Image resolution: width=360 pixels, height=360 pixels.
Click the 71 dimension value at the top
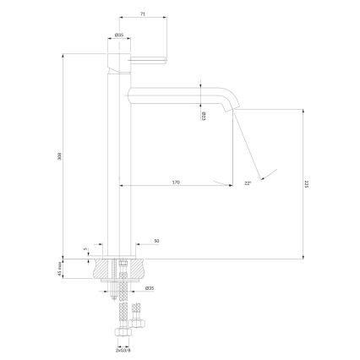[x=145, y=14]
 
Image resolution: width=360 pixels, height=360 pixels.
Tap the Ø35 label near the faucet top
[x=120, y=35]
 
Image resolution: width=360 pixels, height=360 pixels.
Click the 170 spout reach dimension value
[x=176, y=181]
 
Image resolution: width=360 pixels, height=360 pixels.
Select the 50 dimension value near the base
[x=157, y=242]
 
